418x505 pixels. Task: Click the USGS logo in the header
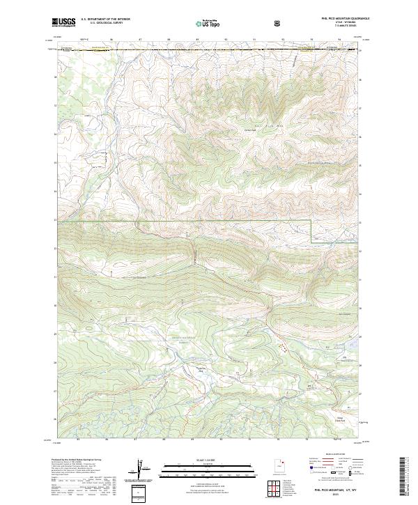pos(63,23)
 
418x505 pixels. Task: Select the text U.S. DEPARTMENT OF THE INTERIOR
pos(105,20)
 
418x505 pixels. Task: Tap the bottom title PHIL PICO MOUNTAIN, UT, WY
pos(336,490)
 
